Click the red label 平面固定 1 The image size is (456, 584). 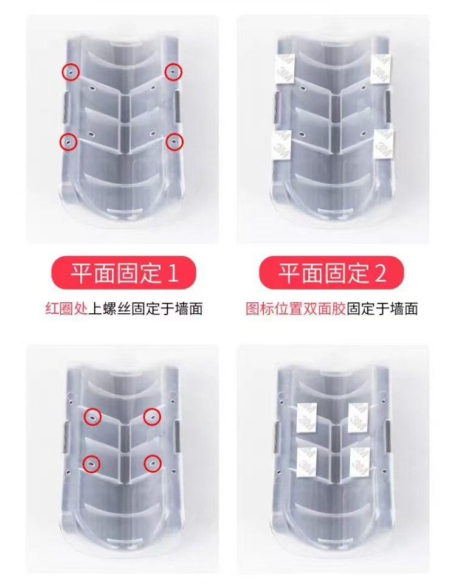point(123,273)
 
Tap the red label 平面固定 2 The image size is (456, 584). point(331,273)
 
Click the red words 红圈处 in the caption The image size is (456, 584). point(66,309)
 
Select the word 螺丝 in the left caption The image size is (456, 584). point(116,309)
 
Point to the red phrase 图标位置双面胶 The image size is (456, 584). point(296,309)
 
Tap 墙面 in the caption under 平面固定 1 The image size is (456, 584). point(188,309)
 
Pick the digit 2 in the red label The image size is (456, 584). point(381,273)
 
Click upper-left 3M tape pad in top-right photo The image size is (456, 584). point(285,69)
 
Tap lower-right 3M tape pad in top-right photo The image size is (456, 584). point(384,145)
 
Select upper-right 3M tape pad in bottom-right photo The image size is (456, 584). point(358,418)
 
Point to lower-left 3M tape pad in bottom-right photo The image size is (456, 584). point(306,462)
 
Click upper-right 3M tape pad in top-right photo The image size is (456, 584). point(381,69)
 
